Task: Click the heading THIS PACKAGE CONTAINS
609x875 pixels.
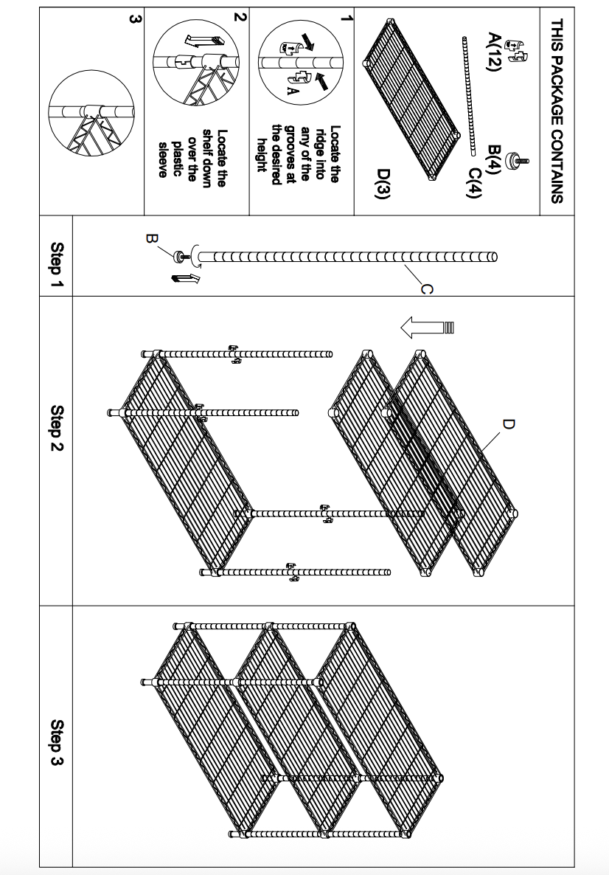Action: click(557, 111)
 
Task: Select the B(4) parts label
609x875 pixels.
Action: click(495, 155)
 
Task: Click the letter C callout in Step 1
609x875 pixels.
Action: click(425, 290)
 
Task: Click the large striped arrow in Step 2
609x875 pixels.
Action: click(424, 326)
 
